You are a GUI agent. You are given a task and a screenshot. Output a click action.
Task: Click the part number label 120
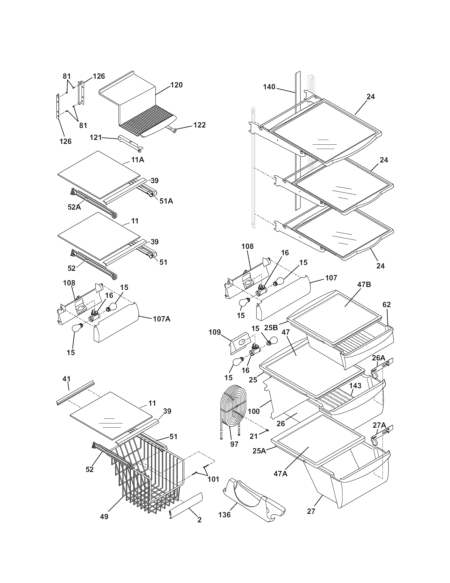[177, 85]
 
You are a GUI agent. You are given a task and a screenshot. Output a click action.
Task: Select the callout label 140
[269, 87]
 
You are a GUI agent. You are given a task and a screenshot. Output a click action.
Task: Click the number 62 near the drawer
[386, 304]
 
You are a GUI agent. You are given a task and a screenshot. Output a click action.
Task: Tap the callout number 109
[215, 332]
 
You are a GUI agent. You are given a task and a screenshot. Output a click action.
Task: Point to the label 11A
[138, 160]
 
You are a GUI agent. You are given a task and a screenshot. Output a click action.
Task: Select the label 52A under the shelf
[74, 207]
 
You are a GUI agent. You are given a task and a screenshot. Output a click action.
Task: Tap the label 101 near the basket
[213, 479]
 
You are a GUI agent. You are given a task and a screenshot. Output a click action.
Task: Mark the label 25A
[259, 451]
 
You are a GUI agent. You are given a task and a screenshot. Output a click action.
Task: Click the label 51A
[166, 201]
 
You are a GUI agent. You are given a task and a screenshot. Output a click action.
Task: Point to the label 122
[200, 125]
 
